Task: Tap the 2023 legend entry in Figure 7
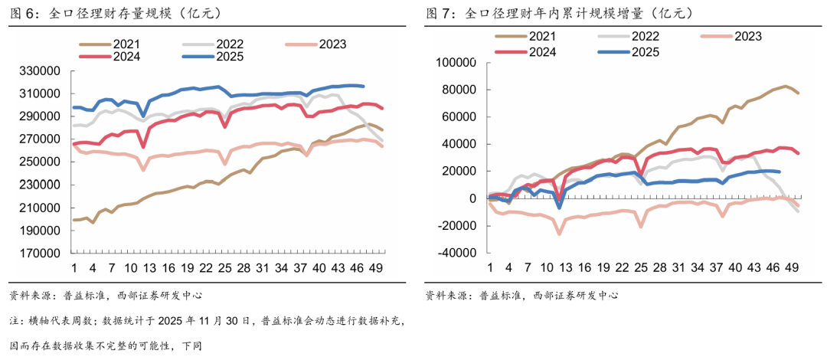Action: pyautogui.click(x=747, y=36)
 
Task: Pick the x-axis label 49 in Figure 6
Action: pyautogui.click(x=377, y=268)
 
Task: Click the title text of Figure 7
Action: pyautogui.click(x=559, y=13)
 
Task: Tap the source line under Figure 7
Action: pyautogui.click(x=521, y=295)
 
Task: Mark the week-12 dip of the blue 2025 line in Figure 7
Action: pyautogui.click(x=559, y=207)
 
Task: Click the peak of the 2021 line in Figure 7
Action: pyautogui.click(x=786, y=86)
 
